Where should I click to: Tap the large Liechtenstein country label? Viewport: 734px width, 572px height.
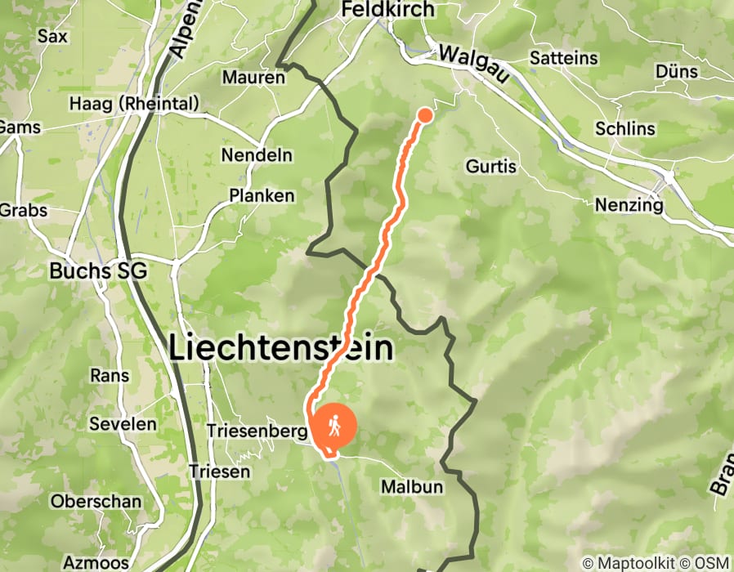[x=281, y=349]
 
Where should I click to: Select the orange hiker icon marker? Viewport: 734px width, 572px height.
[x=335, y=426]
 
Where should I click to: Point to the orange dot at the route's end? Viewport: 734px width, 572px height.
[x=425, y=115]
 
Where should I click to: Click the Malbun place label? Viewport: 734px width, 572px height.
[x=412, y=487]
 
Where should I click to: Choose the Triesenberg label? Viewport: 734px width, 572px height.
[x=257, y=431]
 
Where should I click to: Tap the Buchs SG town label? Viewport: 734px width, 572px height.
[x=98, y=271]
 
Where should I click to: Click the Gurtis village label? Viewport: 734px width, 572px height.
[x=491, y=167]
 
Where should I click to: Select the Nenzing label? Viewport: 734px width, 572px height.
[x=629, y=205]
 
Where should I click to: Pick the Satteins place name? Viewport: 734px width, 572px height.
[x=564, y=59]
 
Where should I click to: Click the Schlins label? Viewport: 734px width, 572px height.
[x=625, y=129]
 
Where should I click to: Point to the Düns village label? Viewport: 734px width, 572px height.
[x=677, y=72]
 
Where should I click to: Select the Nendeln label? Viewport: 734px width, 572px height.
[x=254, y=155]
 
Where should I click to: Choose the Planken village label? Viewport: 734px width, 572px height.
[x=262, y=196]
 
